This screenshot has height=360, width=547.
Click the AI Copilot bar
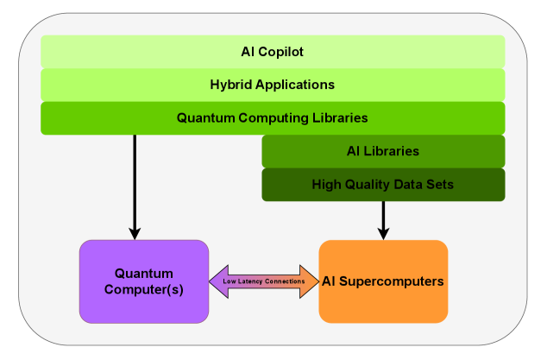click(272, 52)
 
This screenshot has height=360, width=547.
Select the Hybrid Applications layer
click(272, 85)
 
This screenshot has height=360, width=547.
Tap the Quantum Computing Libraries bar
click(272, 117)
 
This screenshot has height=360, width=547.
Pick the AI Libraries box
click(383, 151)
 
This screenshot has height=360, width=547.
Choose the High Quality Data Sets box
click(383, 184)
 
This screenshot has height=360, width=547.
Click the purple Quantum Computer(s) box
click(144, 281)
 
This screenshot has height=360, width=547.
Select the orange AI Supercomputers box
click(383, 281)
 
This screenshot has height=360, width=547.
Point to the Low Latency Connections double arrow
click(264, 281)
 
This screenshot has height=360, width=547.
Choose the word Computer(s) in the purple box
click(144, 289)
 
